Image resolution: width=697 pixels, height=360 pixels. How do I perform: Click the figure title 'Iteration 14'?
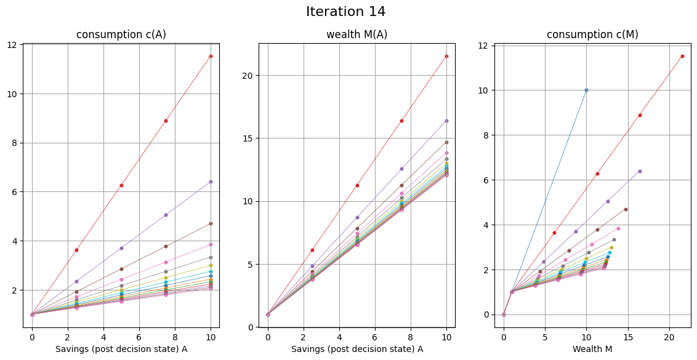point(345,12)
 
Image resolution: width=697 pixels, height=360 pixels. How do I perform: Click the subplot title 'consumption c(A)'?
point(121,34)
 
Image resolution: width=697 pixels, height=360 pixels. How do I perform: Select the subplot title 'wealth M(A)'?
point(357,34)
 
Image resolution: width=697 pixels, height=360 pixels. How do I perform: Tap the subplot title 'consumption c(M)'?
point(592,34)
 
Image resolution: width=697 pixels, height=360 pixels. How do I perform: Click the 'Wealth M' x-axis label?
point(592,349)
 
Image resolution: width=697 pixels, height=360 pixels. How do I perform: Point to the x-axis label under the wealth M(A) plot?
point(357,349)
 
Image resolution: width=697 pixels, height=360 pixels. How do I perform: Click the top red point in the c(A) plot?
point(211,56)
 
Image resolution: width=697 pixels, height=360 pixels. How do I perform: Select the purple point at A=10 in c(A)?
point(211,182)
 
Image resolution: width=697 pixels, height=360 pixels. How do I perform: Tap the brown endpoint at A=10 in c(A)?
point(211,223)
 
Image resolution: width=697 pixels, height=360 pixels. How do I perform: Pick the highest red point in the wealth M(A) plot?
point(446,56)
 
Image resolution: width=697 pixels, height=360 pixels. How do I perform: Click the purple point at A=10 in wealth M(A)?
point(446,121)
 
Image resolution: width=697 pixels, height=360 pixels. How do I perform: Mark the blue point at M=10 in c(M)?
point(586,90)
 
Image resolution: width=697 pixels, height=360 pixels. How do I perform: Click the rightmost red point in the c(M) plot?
point(682,56)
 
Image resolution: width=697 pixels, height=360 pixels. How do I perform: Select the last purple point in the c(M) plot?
point(640,171)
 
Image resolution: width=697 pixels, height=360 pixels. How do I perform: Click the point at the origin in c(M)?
point(504,314)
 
